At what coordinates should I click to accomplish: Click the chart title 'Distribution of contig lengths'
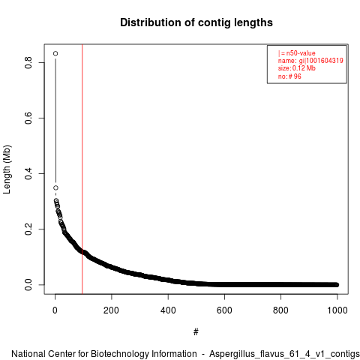click(196, 22)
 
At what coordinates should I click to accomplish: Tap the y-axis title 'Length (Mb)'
click(7, 169)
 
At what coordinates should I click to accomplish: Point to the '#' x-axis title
click(196, 331)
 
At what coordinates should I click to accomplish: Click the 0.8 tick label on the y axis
click(28, 62)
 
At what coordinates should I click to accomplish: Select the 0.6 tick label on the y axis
click(28, 118)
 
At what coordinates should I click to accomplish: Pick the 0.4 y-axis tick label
click(28, 173)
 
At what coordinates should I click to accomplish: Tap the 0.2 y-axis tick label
click(28, 229)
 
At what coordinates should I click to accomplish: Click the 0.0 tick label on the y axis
click(28, 284)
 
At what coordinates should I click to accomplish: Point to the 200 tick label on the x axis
click(112, 310)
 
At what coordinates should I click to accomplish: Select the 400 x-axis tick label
click(168, 310)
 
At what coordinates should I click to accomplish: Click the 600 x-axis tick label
click(224, 310)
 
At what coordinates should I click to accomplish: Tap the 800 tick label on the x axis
click(280, 310)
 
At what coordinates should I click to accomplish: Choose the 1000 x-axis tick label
click(337, 310)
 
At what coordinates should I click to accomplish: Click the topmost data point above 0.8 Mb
click(55, 53)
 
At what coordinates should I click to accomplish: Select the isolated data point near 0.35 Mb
click(55, 187)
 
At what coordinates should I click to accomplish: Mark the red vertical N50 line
click(82, 169)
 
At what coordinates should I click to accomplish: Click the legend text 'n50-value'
click(301, 53)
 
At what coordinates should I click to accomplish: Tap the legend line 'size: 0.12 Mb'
click(297, 68)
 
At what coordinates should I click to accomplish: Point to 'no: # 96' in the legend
click(289, 76)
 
